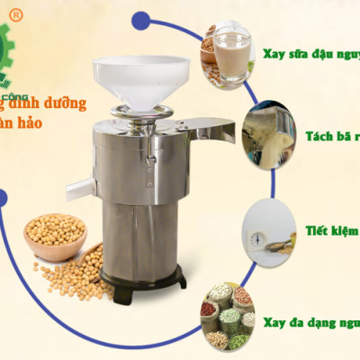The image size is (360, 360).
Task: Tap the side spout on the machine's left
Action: pyautogui.click(x=79, y=187)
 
